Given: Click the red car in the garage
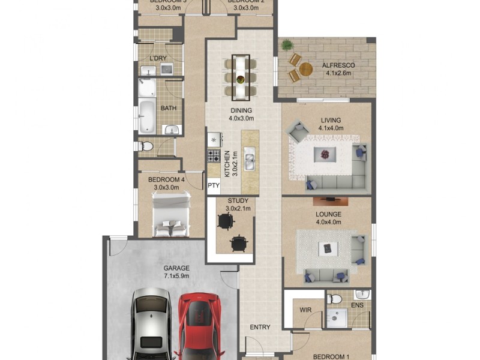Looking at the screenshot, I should (199, 324).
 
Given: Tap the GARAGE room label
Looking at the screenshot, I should (176, 268).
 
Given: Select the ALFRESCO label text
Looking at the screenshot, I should (339, 65).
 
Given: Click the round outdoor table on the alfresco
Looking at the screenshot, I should (305, 69).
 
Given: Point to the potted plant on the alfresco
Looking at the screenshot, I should (287, 44).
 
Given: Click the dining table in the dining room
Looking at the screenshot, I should (241, 77).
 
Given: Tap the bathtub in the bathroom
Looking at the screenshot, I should (147, 117).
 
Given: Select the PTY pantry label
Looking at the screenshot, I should (213, 186).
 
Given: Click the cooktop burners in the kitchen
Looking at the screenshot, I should (214, 156).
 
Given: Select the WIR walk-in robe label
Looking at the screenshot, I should (305, 310).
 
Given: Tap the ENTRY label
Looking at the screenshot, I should (260, 328).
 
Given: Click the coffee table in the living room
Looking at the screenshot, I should (325, 154).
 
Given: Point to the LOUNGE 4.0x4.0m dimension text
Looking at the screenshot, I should (328, 222).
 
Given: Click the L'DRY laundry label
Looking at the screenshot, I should (158, 58).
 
